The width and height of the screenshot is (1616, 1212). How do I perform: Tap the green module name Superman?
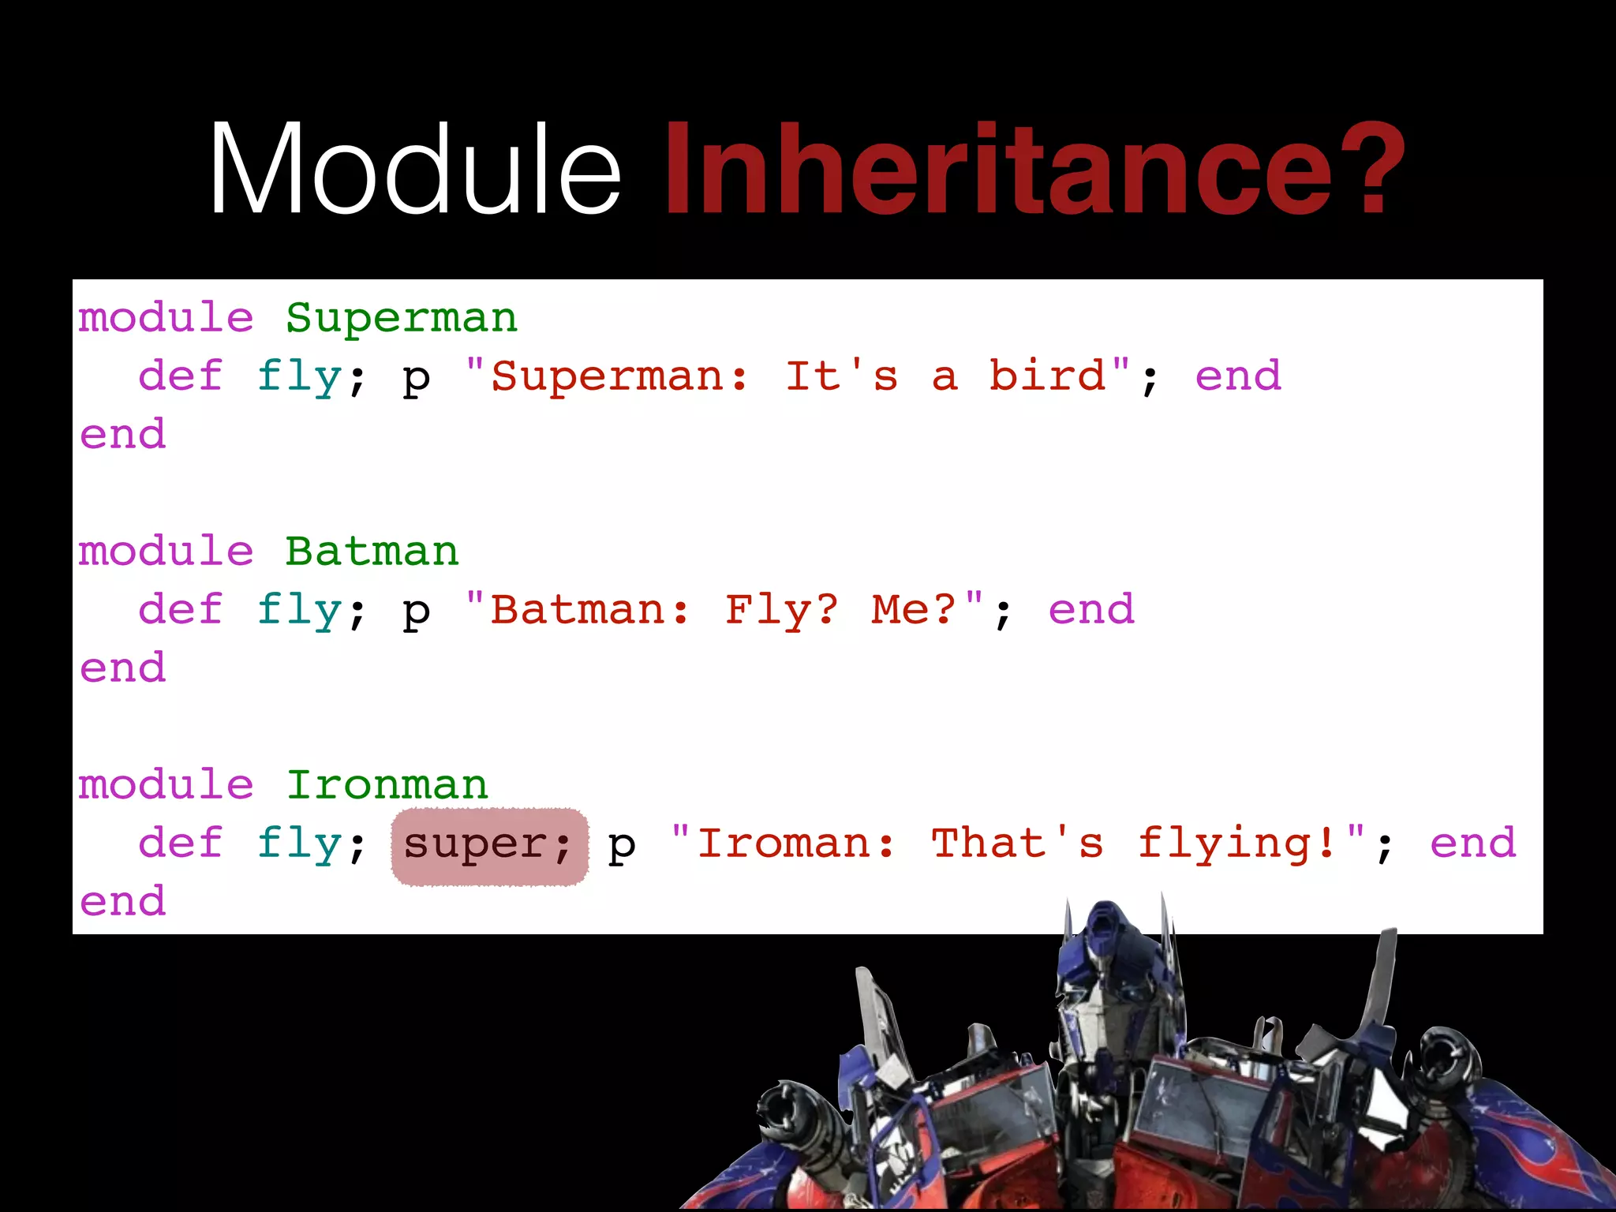(401, 318)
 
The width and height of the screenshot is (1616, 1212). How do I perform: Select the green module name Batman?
(372, 551)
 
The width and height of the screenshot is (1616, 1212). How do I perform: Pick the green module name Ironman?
(387, 784)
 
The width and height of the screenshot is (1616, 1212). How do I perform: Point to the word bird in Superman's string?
(1048, 376)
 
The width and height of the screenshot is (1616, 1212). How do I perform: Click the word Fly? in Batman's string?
(782, 609)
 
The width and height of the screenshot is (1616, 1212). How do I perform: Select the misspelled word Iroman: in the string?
(796, 843)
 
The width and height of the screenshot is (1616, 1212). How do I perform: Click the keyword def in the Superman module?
(180, 376)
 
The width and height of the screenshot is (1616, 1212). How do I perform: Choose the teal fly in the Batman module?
(299, 609)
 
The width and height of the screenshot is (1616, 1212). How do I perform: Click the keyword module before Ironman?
(166, 784)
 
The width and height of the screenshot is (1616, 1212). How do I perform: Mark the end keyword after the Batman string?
(1091, 609)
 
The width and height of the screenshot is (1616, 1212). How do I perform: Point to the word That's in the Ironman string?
(1017, 843)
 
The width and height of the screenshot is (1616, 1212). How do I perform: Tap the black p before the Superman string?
(416, 379)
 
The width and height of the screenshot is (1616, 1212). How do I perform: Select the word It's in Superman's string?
(841, 376)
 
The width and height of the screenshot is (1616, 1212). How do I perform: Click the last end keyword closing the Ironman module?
(123, 901)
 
